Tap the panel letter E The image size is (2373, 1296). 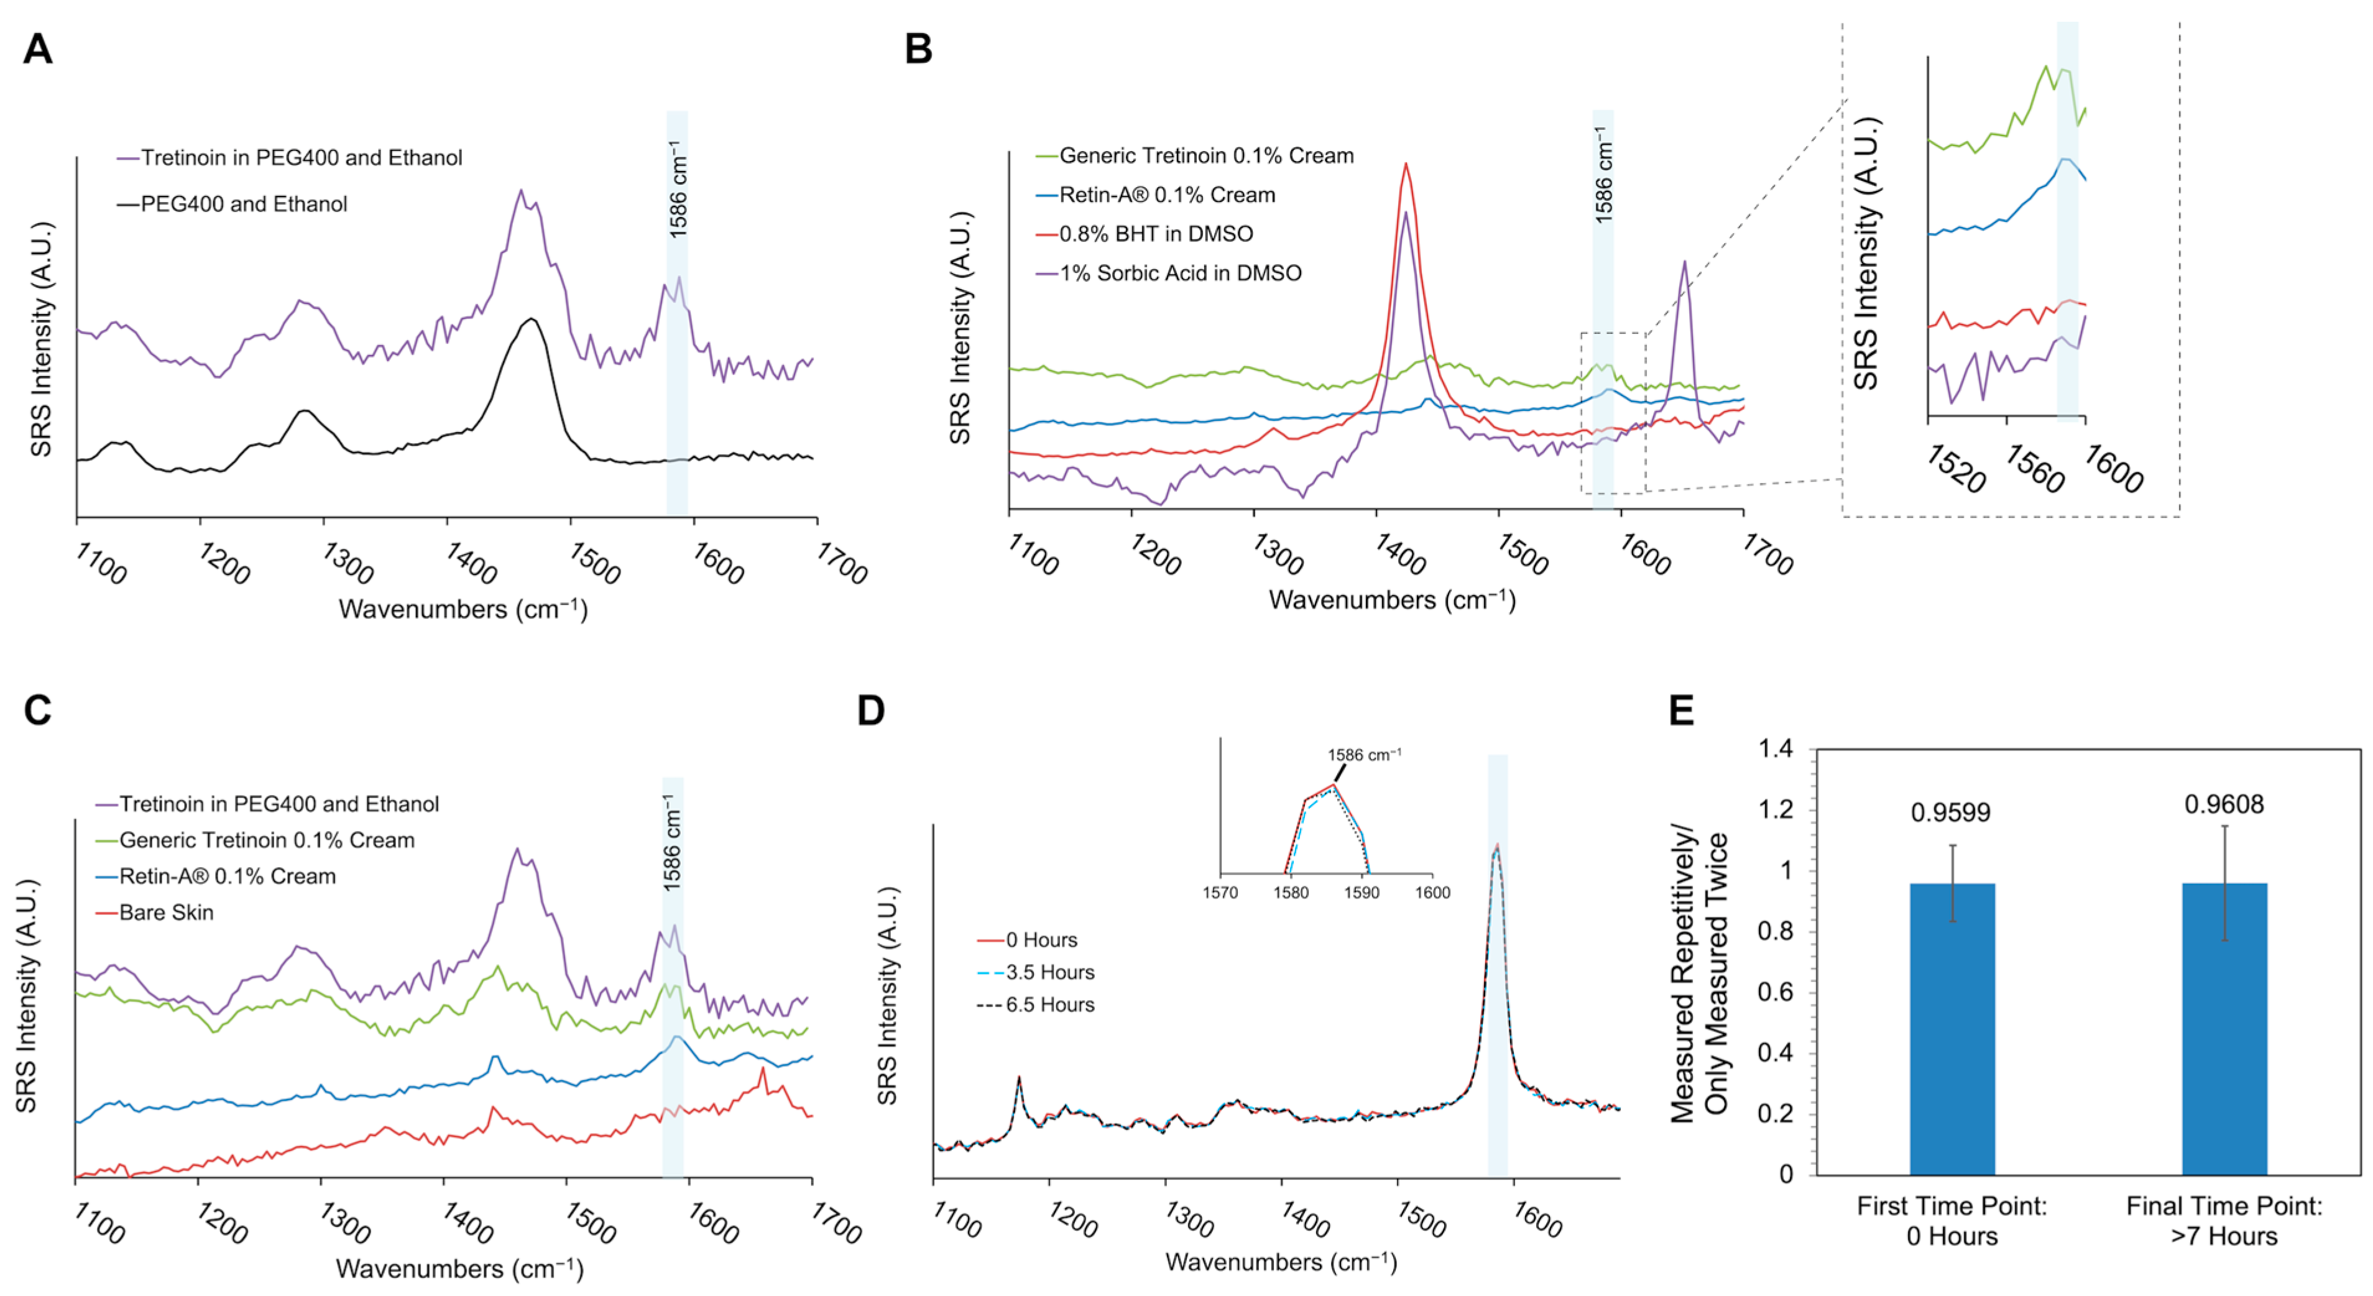pos(1681,710)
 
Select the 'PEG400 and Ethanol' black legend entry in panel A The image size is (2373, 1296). pos(243,203)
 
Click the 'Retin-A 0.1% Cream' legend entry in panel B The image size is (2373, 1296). pos(1166,195)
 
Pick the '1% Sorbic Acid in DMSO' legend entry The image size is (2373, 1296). pos(1179,273)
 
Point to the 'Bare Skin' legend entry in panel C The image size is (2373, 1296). pos(166,912)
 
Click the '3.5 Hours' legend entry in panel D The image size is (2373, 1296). pos(1049,972)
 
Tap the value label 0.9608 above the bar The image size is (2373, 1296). pos(2224,804)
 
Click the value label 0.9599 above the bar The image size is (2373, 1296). pos(1950,812)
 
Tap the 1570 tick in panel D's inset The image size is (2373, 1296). pos(1220,891)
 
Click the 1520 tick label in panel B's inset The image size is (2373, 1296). pos(1955,470)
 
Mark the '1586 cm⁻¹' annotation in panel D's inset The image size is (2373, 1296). pos(1364,755)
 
